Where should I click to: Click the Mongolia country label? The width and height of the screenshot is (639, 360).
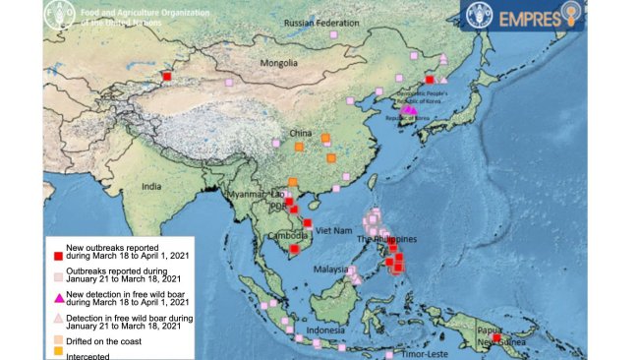click(x=279, y=63)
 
